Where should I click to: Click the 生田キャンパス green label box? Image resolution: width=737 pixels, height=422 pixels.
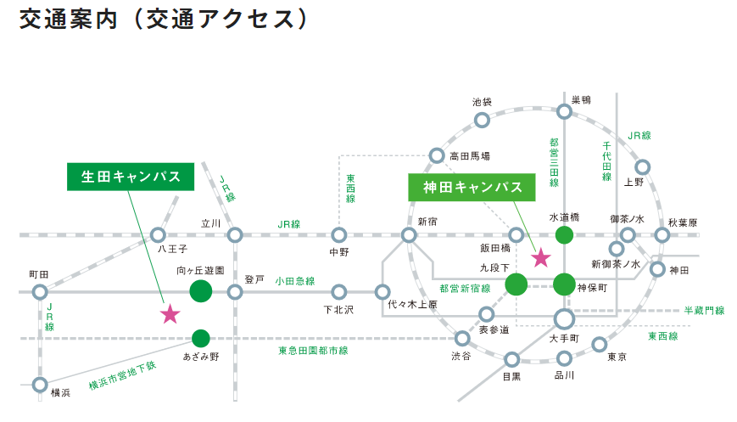(131, 177)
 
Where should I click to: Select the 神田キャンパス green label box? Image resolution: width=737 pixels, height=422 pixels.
(472, 188)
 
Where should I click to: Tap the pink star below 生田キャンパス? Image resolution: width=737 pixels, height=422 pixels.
(170, 314)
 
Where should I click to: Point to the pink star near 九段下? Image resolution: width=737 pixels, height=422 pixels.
(541, 258)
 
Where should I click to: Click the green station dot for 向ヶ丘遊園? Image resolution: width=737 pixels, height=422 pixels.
(201, 291)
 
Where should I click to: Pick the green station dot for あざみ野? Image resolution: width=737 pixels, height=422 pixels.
(201, 338)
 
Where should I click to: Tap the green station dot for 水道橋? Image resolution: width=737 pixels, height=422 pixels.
(564, 234)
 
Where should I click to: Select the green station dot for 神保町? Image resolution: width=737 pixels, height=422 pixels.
(564, 284)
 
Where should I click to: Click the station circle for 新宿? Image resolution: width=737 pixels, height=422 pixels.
(409, 234)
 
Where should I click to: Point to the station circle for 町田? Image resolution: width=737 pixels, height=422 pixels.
(40, 292)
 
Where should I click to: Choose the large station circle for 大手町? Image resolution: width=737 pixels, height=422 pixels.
(564, 319)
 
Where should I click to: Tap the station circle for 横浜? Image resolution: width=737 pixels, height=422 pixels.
(40, 385)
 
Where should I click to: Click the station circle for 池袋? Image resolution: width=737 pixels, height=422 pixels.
(482, 120)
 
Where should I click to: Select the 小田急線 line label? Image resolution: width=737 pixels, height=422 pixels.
(294, 281)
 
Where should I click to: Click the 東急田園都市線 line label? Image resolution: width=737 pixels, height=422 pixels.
(313, 351)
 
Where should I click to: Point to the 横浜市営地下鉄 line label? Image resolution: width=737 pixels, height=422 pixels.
(123, 375)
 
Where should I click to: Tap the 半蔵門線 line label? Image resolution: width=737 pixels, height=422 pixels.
(704, 311)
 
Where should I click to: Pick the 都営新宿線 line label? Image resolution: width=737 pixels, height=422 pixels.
(465, 289)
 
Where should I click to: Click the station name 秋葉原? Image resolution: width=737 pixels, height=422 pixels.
(683, 222)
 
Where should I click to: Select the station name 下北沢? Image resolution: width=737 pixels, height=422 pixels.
(338, 310)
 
